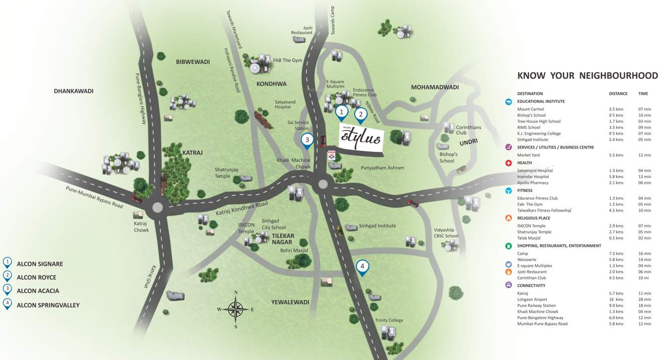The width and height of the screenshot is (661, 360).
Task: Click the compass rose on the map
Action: click(x=236, y=309)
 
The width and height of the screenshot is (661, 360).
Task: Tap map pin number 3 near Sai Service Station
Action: click(x=307, y=140)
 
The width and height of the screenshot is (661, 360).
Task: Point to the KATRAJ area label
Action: click(x=192, y=153)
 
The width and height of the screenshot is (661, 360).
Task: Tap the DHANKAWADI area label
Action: click(x=74, y=91)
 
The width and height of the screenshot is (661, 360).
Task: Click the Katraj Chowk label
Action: click(x=141, y=226)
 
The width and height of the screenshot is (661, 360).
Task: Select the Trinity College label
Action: click(x=389, y=320)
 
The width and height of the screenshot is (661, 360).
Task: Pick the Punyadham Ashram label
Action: click(x=382, y=168)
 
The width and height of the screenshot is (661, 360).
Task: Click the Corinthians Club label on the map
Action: click(x=468, y=130)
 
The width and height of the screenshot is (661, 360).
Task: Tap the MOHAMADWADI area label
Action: click(x=434, y=88)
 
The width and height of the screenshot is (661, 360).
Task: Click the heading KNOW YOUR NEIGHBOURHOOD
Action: click(x=587, y=76)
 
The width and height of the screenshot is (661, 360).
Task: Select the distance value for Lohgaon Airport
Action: click(x=615, y=300)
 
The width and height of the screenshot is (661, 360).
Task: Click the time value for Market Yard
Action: click(x=645, y=155)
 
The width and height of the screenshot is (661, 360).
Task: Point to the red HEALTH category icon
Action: click(x=509, y=163)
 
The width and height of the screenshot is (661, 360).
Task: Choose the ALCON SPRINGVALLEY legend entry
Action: click(x=48, y=305)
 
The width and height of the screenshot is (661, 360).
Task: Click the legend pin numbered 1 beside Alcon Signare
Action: click(x=7, y=263)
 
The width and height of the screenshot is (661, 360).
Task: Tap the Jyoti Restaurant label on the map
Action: click(x=302, y=30)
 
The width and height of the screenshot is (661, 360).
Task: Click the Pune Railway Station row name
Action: click(x=536, y=306)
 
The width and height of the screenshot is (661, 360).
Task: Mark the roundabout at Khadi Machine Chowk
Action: click(x=323, y=184)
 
